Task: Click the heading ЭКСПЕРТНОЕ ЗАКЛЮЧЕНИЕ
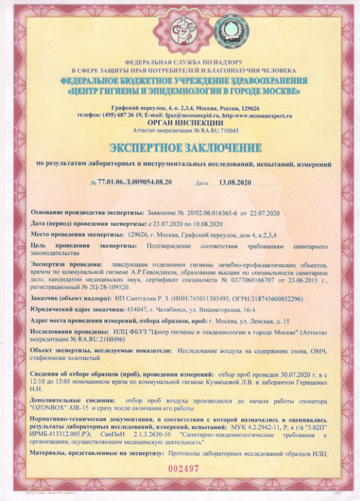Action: coord(185,148)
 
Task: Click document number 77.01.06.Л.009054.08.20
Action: coord(135,183)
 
